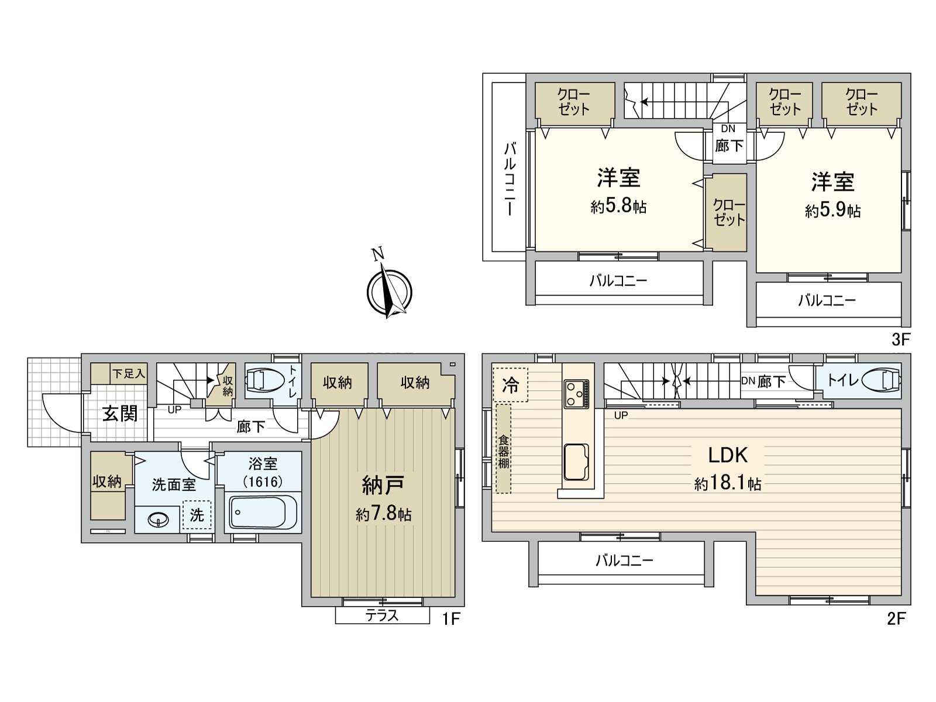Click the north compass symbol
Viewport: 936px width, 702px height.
coord(389,290)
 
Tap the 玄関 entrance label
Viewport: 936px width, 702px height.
coord(120,414)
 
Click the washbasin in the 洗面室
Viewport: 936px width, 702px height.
coord(158,519)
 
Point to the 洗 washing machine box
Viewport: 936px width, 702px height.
coord(197,515)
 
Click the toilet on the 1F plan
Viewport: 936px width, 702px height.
coord(264,380)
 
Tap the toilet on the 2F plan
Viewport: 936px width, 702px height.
coord(882,379)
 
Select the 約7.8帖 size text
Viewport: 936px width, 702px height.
coord(384,515)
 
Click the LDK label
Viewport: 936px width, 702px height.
coord(728,455)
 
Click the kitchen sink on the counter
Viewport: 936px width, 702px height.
coord(577,463)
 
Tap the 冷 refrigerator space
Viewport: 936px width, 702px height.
coord(511,385)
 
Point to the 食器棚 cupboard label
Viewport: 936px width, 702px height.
coord(504,452)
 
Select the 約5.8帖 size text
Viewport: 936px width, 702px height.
coord(618,207)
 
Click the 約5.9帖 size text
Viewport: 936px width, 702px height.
coord(833,211)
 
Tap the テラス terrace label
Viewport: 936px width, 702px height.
coord(382,615)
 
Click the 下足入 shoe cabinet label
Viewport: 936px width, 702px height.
coord(129,374)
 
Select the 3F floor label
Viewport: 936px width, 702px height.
coord(901,340)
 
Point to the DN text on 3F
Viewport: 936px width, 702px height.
coord(728,129)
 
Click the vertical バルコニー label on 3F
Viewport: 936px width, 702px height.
coord(510,180)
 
